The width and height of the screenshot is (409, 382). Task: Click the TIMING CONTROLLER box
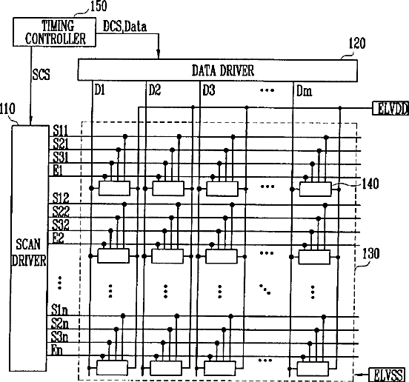54,32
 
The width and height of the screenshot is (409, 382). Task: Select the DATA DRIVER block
218,70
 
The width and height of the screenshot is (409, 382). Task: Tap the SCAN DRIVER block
29,248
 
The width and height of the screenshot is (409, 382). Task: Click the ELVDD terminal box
390,108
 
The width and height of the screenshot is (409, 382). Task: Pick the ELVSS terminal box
387,375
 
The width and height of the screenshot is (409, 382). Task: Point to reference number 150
99,6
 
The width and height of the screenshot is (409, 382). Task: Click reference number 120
357,43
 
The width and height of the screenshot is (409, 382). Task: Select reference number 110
7,109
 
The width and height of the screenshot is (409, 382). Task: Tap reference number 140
370,184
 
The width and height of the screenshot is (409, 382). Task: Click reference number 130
371,253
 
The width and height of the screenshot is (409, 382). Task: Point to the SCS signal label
41,74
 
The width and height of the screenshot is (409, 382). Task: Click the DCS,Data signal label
124,27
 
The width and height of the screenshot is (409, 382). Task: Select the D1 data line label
99,90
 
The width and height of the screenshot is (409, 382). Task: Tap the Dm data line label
305,91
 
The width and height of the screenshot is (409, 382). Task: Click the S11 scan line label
60,130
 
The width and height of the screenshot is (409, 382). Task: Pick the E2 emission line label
58,238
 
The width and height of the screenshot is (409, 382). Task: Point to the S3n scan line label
59,336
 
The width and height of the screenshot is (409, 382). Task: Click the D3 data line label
209,90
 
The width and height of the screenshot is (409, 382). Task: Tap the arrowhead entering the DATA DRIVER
159,56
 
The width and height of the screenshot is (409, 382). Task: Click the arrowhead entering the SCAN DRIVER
31,121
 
